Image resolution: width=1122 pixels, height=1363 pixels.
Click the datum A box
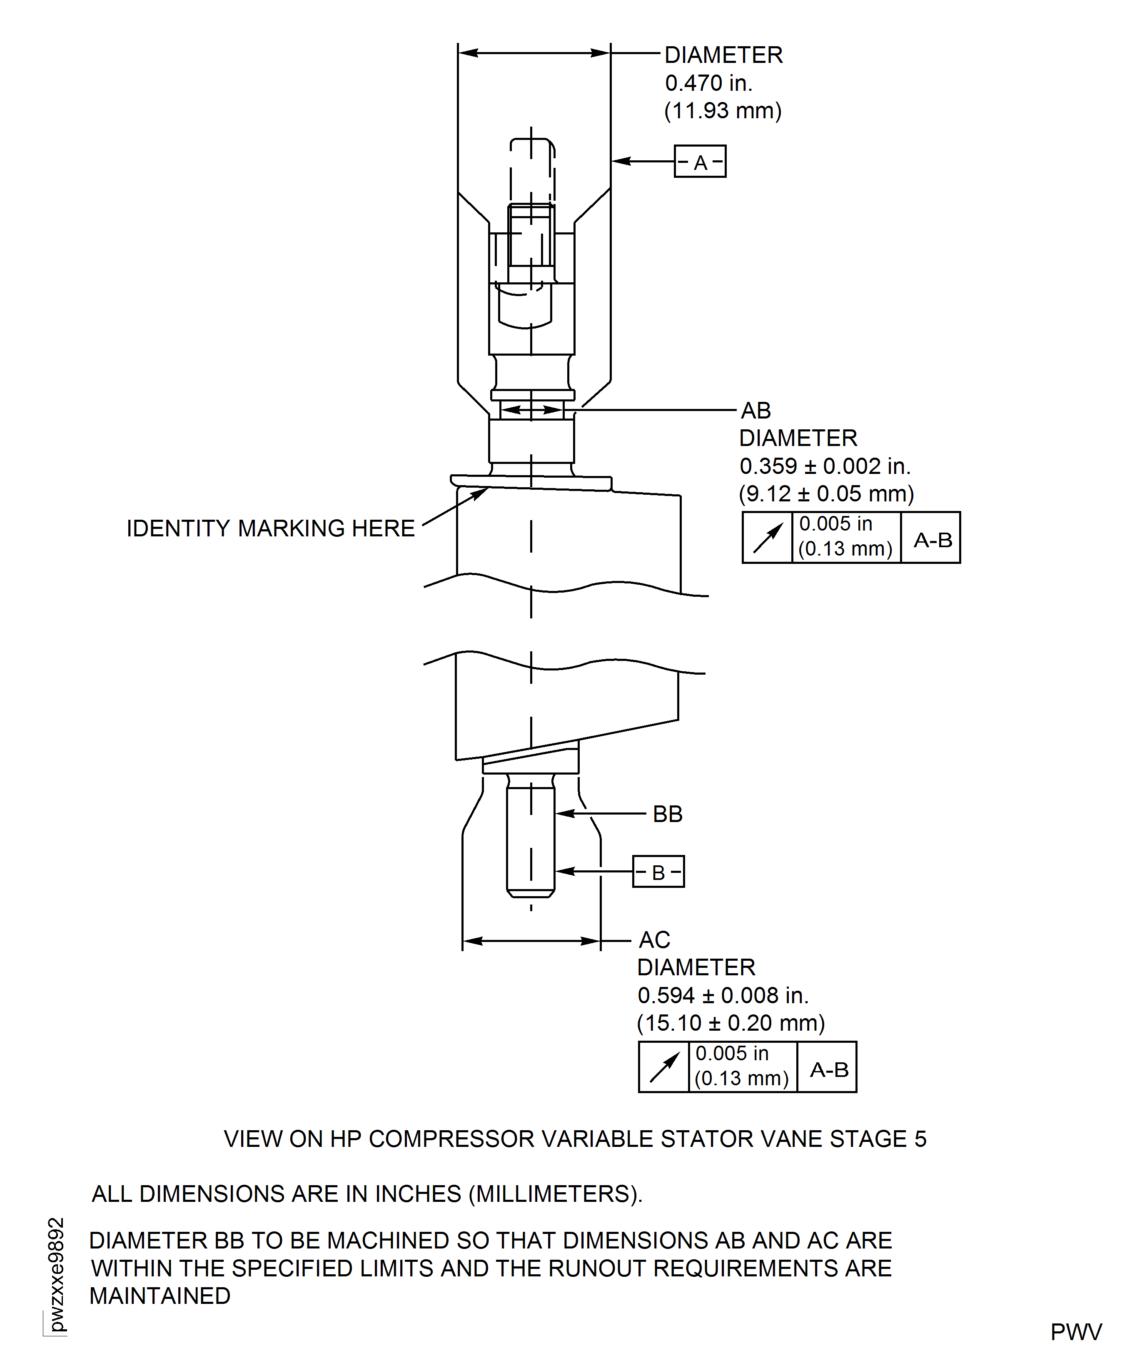[700, 162]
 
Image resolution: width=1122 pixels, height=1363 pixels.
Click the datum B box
[658, 872]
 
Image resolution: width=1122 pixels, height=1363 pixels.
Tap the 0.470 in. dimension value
[709, 83]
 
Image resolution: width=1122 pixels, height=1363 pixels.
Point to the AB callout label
[755, 410]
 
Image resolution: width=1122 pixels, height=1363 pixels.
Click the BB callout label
[668, 814]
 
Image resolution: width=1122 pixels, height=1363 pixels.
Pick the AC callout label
[655, 939]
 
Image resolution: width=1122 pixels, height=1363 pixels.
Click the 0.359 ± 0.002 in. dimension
[825, 466]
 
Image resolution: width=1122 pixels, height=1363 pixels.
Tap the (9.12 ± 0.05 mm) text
[826, 494]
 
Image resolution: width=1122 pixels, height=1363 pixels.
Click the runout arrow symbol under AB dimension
[767, 538]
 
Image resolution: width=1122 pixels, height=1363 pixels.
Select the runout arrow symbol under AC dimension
[664, 1067]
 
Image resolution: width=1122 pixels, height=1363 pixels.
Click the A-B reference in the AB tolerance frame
[932, 540]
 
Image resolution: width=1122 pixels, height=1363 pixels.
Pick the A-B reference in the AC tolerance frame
[828, 1069]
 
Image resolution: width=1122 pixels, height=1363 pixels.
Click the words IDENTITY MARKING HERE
[270, 528]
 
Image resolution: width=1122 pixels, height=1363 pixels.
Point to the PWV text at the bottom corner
[1075, 1332]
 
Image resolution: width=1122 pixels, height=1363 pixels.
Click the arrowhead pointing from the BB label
[562, 814]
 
